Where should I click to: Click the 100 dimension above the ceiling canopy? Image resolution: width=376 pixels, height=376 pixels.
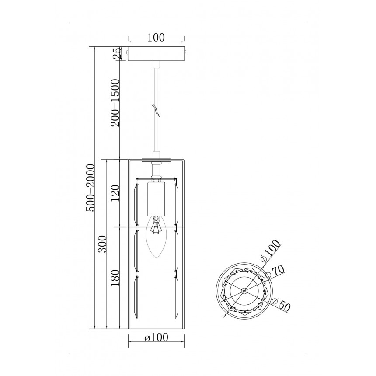pos(156,38)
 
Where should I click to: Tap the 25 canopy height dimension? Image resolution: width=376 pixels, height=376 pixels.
pos(118,53)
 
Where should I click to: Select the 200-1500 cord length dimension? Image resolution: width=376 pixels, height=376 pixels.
pos(115,103)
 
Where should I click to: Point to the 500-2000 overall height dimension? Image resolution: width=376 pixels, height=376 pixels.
pos(91,188)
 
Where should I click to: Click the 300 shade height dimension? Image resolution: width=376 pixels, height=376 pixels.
pos(102,244)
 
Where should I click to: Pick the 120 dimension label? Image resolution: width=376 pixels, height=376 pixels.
pos(115,193)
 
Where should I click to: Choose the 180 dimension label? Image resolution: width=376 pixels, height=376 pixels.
pos(115,278)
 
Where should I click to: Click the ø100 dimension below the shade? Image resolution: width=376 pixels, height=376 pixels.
pos(156,338)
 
